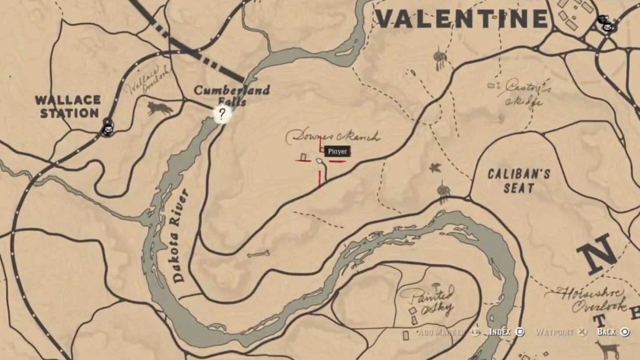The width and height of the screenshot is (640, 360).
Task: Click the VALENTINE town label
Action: [462, 19]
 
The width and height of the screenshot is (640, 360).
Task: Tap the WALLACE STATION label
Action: [68, 107]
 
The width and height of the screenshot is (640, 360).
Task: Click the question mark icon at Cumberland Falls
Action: [222, 114]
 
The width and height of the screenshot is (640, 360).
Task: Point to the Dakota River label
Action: [180, 235]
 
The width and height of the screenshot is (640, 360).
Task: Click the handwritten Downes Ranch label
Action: [332, 137]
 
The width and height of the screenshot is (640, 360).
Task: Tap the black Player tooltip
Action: [338, 152]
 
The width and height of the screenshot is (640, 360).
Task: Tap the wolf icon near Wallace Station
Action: [160, 108]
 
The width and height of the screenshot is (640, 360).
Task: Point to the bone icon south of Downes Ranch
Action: [258, 254]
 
